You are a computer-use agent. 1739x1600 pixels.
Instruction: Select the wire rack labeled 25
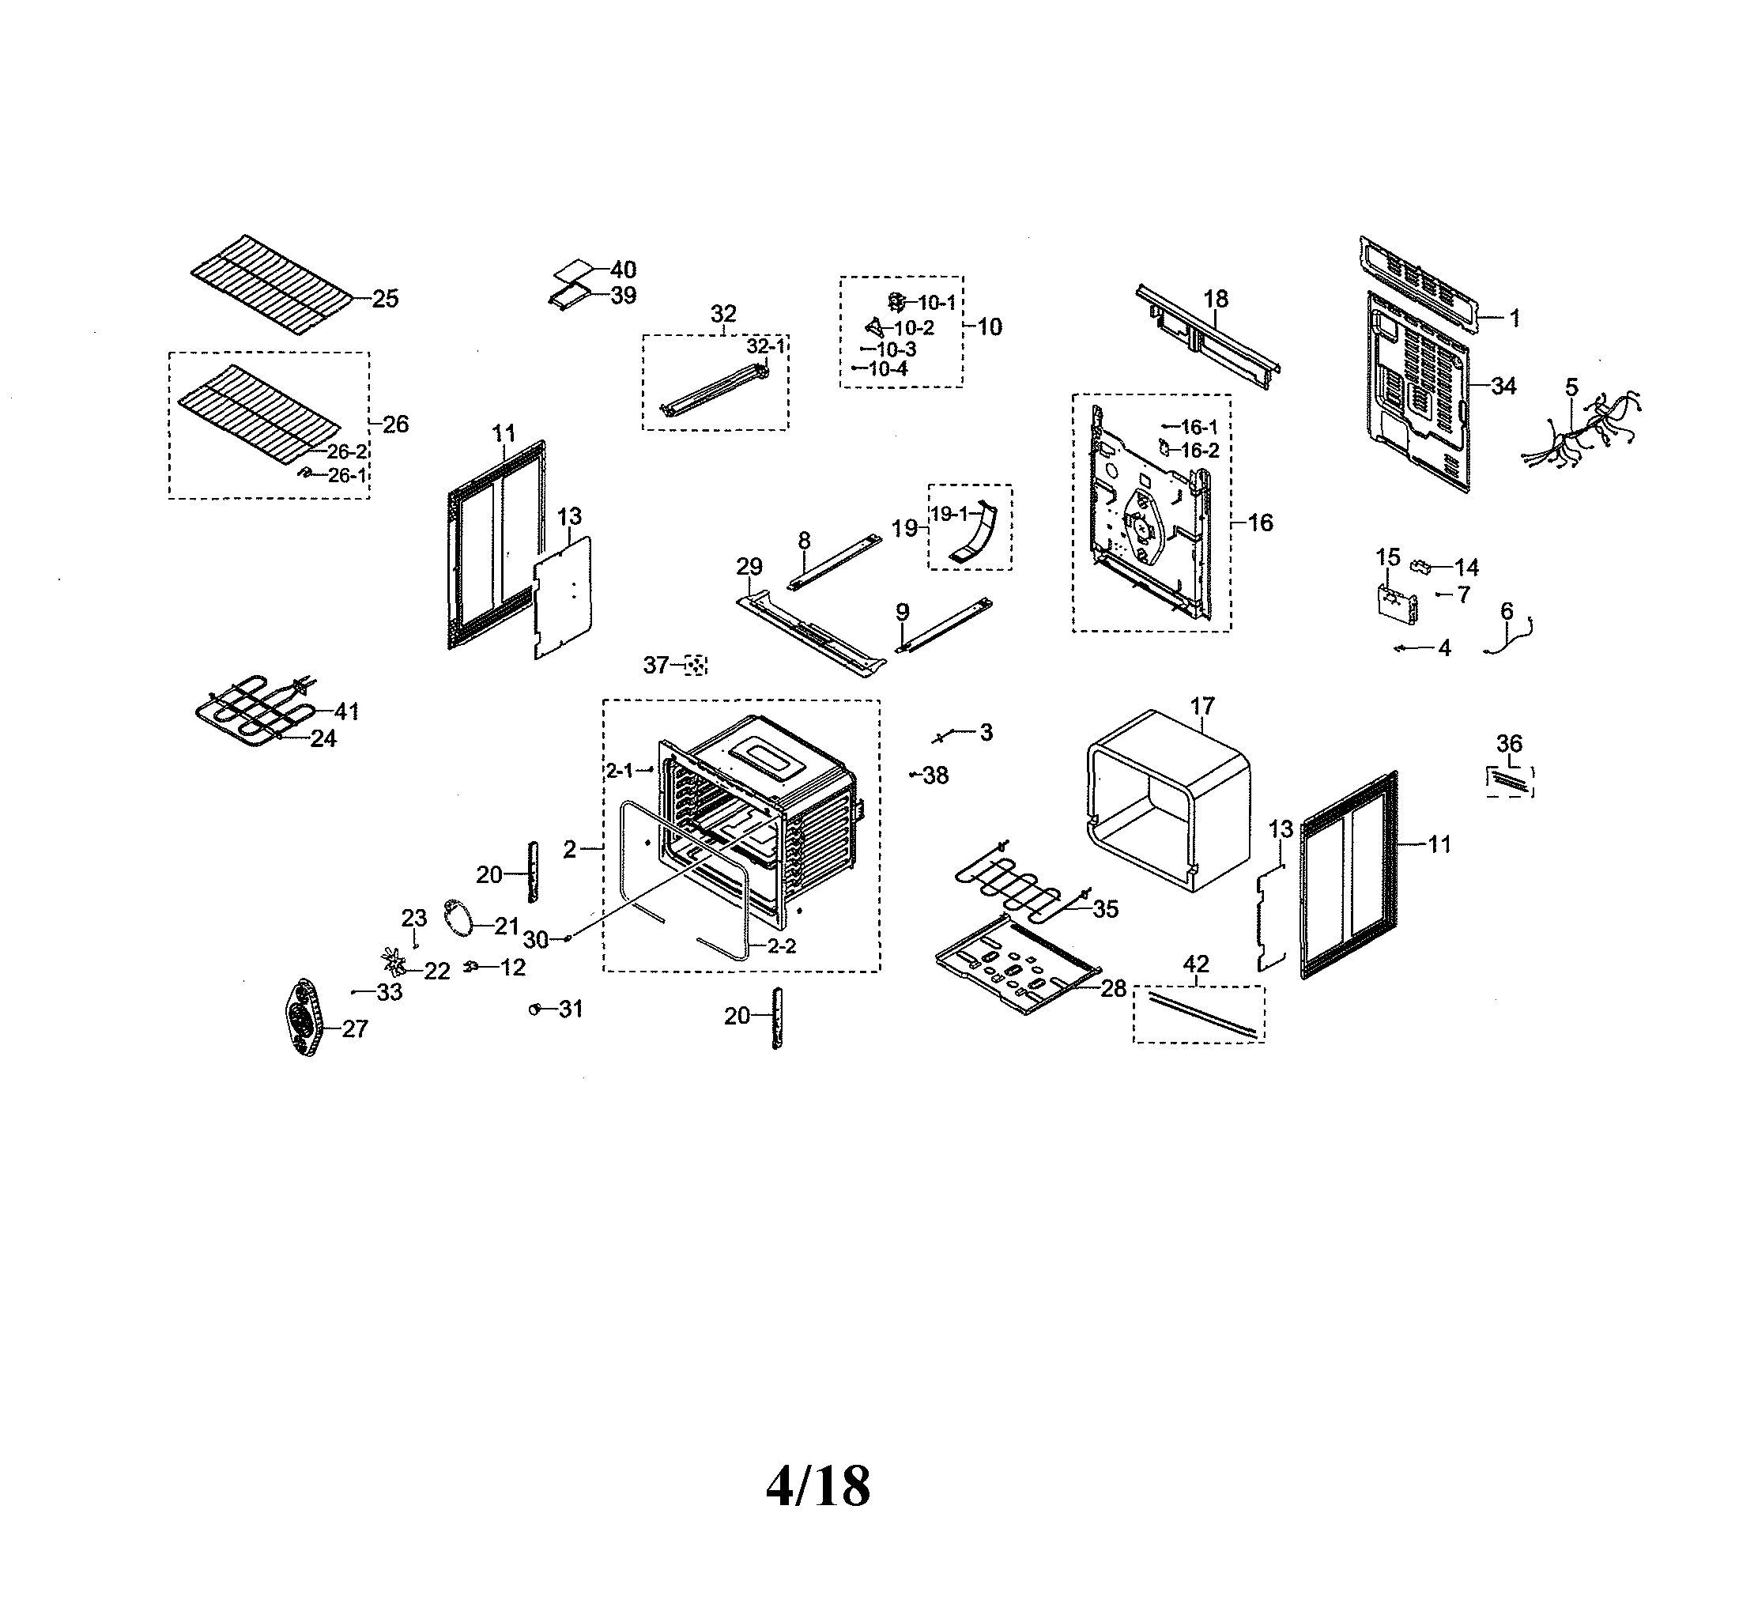coord(273,282)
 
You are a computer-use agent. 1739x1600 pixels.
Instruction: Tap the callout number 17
coord(1201,707)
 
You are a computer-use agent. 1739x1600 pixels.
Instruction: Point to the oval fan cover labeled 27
coord(304,1018)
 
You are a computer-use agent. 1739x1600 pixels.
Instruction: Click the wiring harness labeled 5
coord(1581,430)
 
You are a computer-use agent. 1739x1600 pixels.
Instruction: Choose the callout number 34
coord(1503,386)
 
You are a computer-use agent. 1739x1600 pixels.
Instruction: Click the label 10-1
coord(937,302)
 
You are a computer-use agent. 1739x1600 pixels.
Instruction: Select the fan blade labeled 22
coord(394,961)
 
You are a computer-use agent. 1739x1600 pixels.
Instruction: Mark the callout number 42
coord(1195,964)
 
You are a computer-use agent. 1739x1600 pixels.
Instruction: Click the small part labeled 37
coord(695,665)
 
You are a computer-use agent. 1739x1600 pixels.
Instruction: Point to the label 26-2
coord(347,452)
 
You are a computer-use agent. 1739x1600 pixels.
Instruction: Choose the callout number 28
coord(1113,988)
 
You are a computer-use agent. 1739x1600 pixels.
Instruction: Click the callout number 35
coord(1105,909)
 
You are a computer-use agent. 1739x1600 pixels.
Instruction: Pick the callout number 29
coord(749,566)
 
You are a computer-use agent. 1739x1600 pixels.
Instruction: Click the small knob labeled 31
coord(535,1009)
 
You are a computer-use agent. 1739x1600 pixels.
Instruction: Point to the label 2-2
coord(782,946)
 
